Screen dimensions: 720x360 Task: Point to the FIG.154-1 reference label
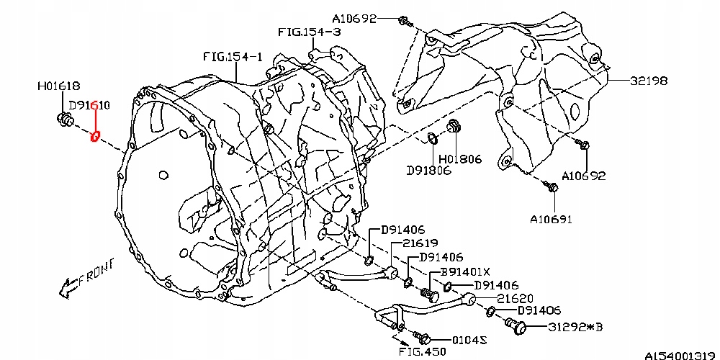[x=233, y=55]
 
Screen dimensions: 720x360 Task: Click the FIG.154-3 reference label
[x=310, y=32]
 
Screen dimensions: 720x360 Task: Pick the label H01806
[x=459, y=159]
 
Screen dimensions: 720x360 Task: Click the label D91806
[x=428, y=171]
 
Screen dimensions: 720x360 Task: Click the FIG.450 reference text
[x=423, y=352]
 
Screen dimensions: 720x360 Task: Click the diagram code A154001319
[x=680, y=354]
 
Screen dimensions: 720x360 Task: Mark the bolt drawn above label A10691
[x=552, y=187]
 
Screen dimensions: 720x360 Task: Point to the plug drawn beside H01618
[x=63, y=120]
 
